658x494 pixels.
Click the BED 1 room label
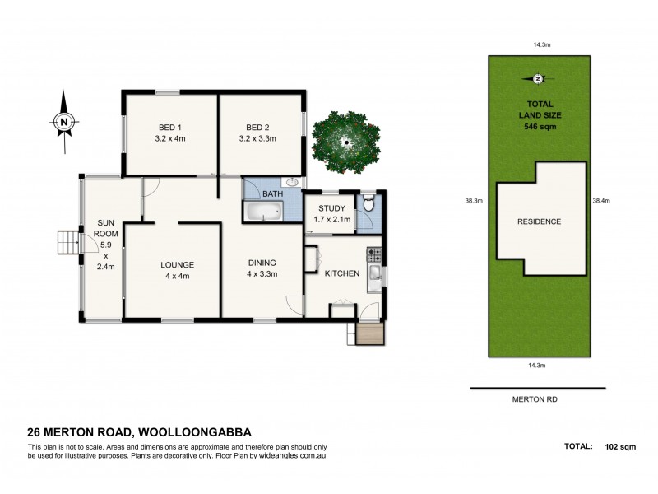coord(170,128)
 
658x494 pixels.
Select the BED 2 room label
coord(258,128)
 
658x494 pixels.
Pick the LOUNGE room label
coord(178,264)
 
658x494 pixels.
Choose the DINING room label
coord(262,263)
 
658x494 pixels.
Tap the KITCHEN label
coord(342,273)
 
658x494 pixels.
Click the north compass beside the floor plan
coord(63,121)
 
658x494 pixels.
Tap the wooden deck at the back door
coord(370,333)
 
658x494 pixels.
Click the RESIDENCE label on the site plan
coord(539,221)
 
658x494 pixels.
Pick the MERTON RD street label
coord(538,399)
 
